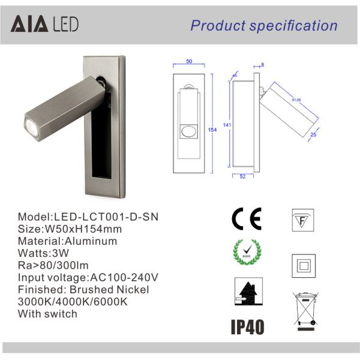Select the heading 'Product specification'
(x=264, y=25)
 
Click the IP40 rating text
(x=247, y=326)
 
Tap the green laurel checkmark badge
(x=245, y=256)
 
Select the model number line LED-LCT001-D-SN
(x=90, y=217)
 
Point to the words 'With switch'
(x=47, y=313)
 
